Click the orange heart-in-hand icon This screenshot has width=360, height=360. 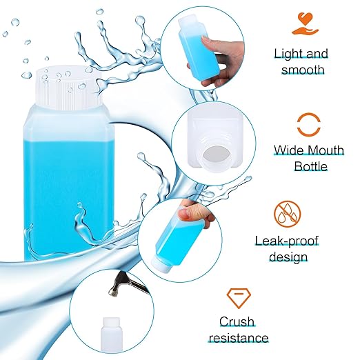coord(301,23)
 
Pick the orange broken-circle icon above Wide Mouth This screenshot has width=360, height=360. coord(301,125)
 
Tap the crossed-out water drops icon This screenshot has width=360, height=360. coord(301,214)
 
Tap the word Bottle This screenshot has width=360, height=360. coord(301,166)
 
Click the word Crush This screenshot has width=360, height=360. coord(237,321)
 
